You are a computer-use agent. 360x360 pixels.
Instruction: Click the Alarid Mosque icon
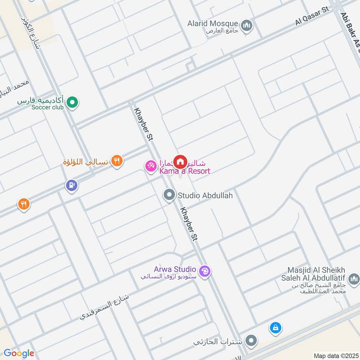[246, 27]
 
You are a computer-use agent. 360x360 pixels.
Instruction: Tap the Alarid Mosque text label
[214, 23]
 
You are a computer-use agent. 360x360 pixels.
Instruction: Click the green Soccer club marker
[72, 104]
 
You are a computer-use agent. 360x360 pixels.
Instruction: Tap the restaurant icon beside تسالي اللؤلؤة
[117, 160]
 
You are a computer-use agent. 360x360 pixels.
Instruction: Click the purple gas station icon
[71, 185]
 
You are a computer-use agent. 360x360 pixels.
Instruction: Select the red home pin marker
[180, 161]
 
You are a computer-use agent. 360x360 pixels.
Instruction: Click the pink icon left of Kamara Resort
[150, 166]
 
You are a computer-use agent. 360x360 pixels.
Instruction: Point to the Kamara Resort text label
[184, 171]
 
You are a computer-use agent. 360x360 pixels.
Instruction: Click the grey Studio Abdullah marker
[169, 195]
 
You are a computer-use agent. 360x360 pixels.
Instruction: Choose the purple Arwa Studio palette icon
[205, 271]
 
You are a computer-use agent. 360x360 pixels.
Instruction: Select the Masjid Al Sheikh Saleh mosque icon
[354, 280]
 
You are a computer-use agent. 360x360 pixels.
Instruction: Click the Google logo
[18, 353]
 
